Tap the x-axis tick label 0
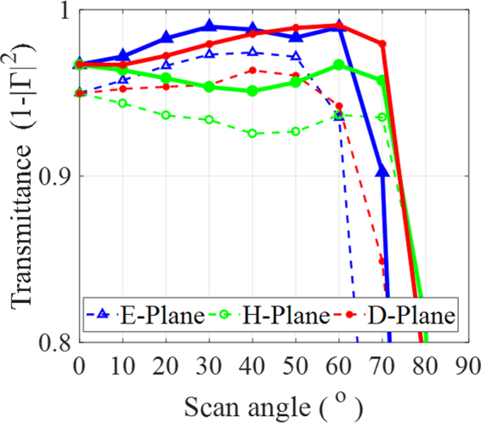[x=79, y=364]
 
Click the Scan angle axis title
[x=273, y=401]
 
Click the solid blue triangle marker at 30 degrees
[x=209, y=26]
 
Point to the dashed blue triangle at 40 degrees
[x=252, y=52]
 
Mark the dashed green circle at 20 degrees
[x=166, y=115]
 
